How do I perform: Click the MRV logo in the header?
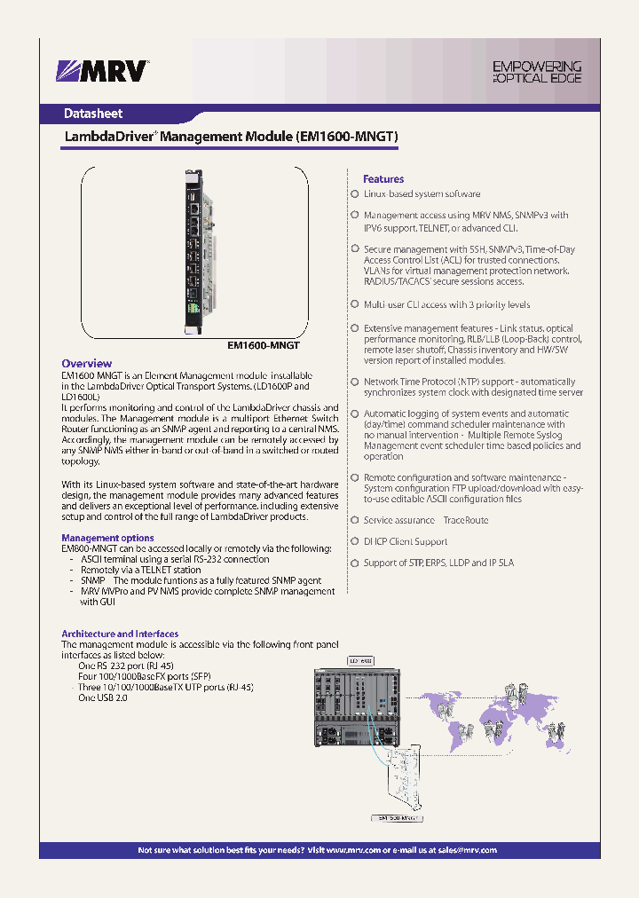(x=103, y=71)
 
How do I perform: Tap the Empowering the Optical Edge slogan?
(x=537, y=72)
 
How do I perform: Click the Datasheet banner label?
(x=93, y=114)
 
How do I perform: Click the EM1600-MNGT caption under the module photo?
(x=264, y=343)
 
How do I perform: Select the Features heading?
(x=383, y=178)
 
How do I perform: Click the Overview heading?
(x=86, y=363)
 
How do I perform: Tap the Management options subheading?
(x=107, y=538)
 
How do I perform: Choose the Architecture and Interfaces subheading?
(x=120, y=634)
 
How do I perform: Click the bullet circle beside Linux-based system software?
(x=354, y=193)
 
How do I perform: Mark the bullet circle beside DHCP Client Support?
(x=354, y=541)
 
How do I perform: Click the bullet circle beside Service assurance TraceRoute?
(x=354, y=520)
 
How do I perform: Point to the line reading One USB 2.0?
(x=103, y=698)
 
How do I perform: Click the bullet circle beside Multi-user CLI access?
(x=354, y=304)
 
